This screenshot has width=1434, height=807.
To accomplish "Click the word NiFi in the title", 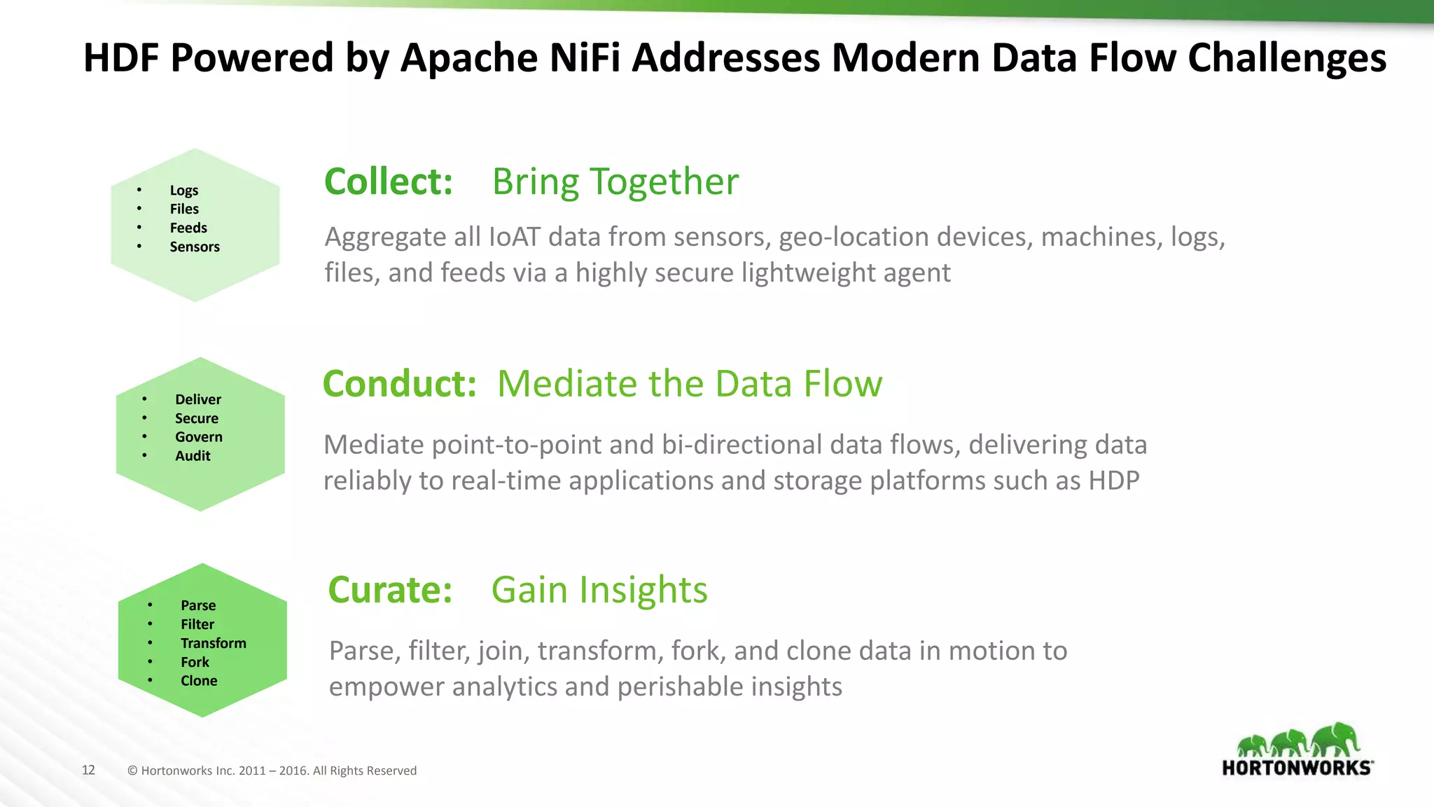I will [x=585, y=57].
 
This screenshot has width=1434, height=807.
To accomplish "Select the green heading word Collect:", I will [x=389, y=181].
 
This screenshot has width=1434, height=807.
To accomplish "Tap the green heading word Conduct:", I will [x=399, y=384].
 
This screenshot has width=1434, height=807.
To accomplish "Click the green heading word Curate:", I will [x=390, y=590].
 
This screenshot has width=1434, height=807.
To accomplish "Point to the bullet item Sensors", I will [x=195, y=247].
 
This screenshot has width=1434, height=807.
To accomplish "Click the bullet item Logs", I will [x=184, y=191].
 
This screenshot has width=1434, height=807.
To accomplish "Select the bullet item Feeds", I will [x=188, y=228].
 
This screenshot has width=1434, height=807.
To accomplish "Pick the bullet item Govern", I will [x=199, y=437].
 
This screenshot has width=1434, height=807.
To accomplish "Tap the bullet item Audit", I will [x=193, y=456].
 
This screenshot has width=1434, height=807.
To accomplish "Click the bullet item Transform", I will [x=214, y=643].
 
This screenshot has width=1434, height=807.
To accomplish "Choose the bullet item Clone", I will [x=199, y=681].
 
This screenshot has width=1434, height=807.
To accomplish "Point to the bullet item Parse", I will [x=198, y=605].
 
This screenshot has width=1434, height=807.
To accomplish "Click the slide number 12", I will [x=88, y=770].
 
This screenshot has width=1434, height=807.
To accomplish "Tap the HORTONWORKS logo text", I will [x=1297, y=768].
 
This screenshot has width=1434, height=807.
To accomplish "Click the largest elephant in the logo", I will [x=1335, y=739].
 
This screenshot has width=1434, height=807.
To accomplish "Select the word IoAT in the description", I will [x=514, y=237].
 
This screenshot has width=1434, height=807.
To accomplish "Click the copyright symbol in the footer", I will [x=132, y=771].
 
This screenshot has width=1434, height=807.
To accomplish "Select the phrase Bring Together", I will [x=615, y=181].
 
